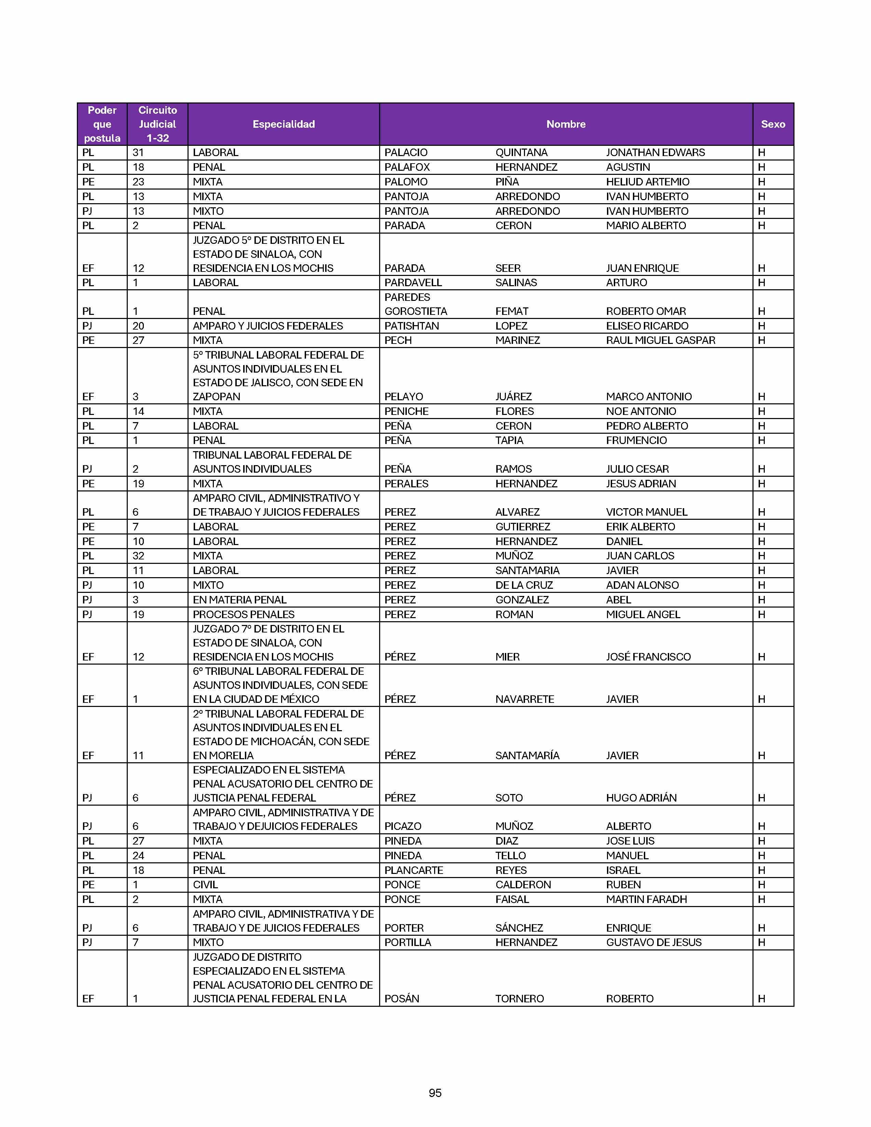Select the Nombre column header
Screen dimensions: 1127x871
click(566, 124)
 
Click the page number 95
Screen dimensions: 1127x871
click(435, 1093)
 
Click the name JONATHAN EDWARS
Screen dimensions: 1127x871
click(655, 153)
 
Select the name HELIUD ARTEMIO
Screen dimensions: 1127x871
click(648, 182)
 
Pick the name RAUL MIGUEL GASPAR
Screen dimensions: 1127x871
click(661, 340)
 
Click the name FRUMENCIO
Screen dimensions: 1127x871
click(636, 440)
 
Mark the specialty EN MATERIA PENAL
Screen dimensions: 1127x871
click(239, 600)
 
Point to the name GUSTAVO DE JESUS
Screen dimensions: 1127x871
click(654, 942)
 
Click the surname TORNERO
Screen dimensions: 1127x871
click(519, 999)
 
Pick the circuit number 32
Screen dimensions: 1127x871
click(138, 556)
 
